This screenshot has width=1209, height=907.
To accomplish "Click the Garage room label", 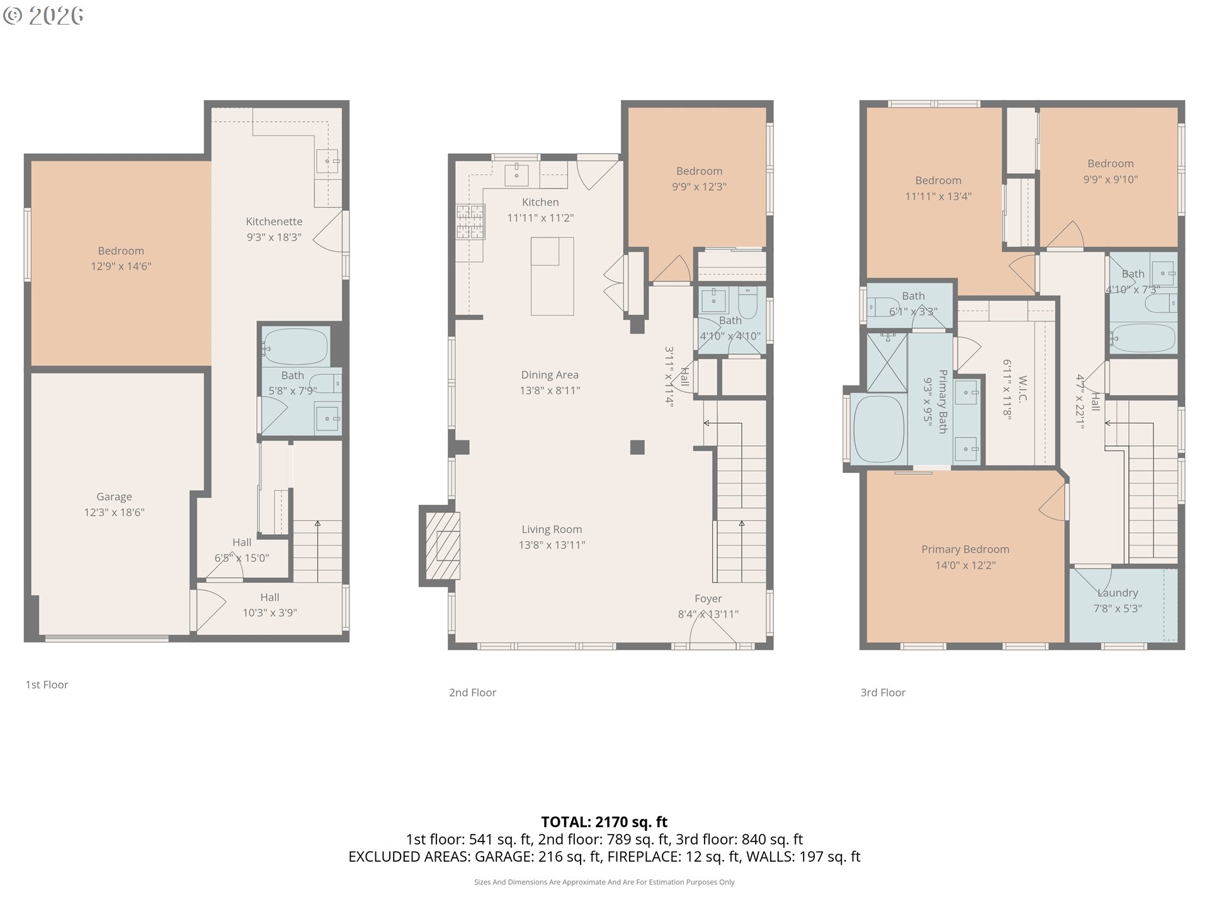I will click(114, 497).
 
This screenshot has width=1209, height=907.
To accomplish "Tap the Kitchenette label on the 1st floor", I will click(274, 222).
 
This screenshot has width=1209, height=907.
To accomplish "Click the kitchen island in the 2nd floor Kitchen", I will click(552, 276).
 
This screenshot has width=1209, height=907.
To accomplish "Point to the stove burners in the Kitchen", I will click(470, 222).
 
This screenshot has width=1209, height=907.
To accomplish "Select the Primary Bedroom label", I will click(965, 549).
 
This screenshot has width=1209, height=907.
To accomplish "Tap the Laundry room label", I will click(1117, 593).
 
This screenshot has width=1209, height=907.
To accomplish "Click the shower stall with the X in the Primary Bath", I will click(887, 362).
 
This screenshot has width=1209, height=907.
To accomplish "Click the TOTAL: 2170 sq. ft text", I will click(604, 822).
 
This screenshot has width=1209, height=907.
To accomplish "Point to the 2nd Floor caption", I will click(472, 693).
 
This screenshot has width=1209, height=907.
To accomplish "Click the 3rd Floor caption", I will click(883, 693).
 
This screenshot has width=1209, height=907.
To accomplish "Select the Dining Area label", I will click(549, 375).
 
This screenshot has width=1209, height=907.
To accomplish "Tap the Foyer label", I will click(708, 599).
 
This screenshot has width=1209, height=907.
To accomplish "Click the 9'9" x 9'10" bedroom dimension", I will click(1110, 180).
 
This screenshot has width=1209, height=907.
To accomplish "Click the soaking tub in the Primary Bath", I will click(878, 430).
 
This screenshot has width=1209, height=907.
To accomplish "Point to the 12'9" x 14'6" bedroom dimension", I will click(121, 266).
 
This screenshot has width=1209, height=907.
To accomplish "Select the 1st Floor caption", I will click(47, 685).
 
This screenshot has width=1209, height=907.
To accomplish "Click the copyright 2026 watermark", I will click(43, 15).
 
